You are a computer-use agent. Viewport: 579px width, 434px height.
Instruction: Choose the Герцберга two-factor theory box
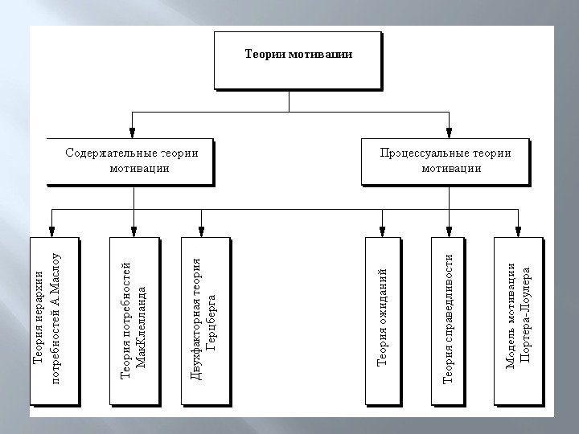pos(204,320)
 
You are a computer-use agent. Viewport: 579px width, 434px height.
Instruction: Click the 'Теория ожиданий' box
pos(384,320)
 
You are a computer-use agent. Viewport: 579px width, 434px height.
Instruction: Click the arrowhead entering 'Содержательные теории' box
pos(132,133)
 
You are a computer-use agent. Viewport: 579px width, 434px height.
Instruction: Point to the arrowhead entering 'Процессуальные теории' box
pos(450,133)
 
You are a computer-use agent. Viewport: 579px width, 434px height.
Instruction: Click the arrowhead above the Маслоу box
pos(52,231)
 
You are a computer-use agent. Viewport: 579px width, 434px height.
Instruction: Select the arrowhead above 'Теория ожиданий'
pos(384,231)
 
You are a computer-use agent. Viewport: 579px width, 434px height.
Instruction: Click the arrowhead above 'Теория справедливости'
pos(449,231)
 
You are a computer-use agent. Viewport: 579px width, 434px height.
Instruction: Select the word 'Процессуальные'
pos(419,152)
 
